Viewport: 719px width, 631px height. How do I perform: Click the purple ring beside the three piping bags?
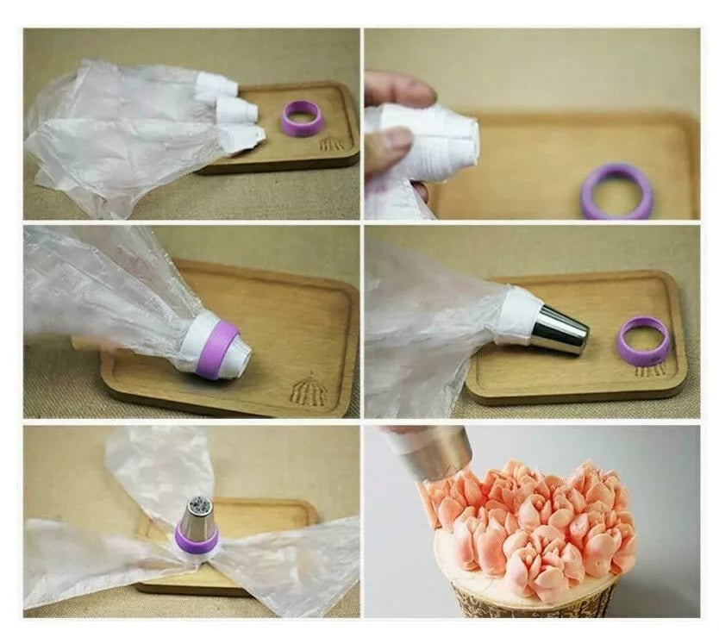tap(303, 118)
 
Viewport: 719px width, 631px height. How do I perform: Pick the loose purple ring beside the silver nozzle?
tap(643, 340)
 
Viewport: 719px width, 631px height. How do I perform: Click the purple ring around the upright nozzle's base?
tap(197, 540)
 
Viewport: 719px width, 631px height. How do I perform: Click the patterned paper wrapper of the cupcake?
tap(535, 599)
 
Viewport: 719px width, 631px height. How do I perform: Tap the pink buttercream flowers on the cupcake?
tap(535, 517)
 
